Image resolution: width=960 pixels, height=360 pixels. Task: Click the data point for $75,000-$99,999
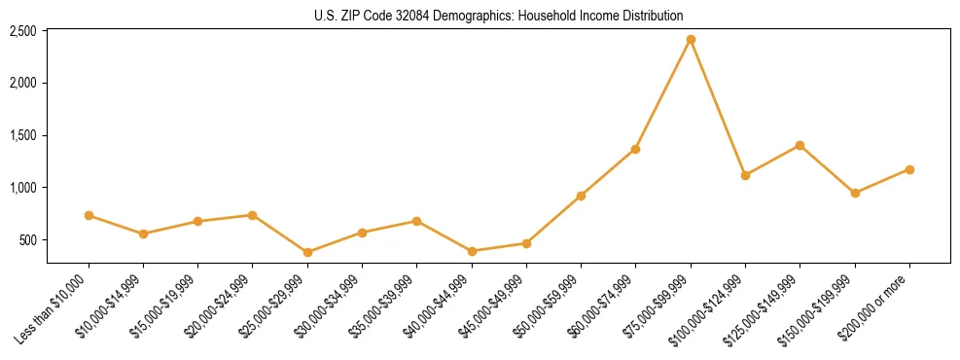click(x=691, y=40)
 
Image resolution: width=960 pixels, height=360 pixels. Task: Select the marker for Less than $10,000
click(x=89, y=215)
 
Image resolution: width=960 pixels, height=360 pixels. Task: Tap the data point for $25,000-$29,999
click(x=307, y=252)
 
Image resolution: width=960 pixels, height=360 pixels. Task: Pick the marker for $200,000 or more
click(x=909, y=169)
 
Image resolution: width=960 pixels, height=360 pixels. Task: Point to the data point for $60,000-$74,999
click(x=635, y=149)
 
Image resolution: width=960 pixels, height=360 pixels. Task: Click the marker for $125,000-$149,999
click(x=800, y=145)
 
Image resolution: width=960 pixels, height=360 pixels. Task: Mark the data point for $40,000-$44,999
click(x=472, y=251)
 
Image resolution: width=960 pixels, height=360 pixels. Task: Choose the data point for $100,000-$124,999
click(x=745, y=175)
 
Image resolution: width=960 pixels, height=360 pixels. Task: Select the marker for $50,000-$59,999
click(x=581, y=196)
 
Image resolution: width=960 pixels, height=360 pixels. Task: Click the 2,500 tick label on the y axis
click(x=22, y=31)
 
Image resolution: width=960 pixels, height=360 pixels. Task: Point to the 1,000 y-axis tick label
click(x=22, y=188)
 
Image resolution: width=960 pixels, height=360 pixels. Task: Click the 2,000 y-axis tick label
click(x=22, y=84)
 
